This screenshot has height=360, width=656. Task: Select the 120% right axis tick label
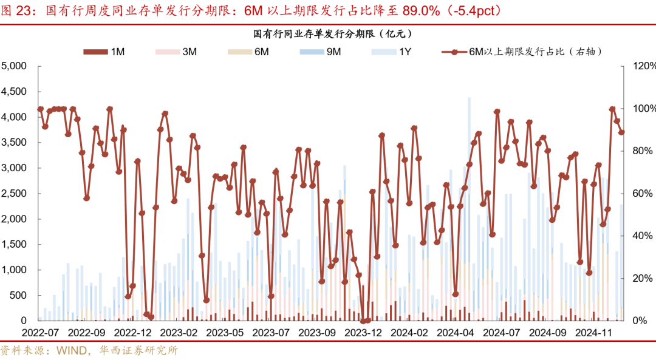(x=642, y=66)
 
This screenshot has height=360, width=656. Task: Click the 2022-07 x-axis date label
(x=40, y=332)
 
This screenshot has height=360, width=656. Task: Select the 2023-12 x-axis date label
(x=363, y=332)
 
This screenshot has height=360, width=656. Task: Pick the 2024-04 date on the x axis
(x=456, y=332)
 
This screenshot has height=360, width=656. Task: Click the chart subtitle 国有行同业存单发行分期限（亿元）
(x=328, y=34)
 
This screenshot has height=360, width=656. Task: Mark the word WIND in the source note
(x=72, y=350)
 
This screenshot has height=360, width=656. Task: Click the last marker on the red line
(x=621, y=132)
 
